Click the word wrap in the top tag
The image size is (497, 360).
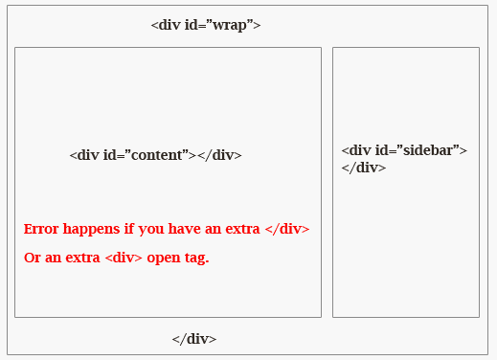pyautogui.click(x=233, y=25)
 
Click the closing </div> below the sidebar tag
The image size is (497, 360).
pyautogui.click(x=364, y=168)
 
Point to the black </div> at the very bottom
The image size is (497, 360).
pyautogui.click(x=194, y=339)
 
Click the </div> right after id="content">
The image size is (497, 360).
pyautogui.click(x=219, y=155)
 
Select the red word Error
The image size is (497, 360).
pyautogui.click(x=40, y=229)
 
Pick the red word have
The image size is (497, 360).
pyautogui.click(x=183, y=229)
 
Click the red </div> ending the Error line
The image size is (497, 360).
pyautogui.click(x=286, y=229)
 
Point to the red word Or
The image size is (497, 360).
pyautogui.click(x=32, y=259)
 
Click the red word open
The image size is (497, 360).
pyautogui.click(x=164, y=259)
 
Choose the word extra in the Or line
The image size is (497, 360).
pyautogui.click(x=80, y=259)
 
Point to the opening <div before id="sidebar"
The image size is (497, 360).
pyautogui.click(x=356, y=150)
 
